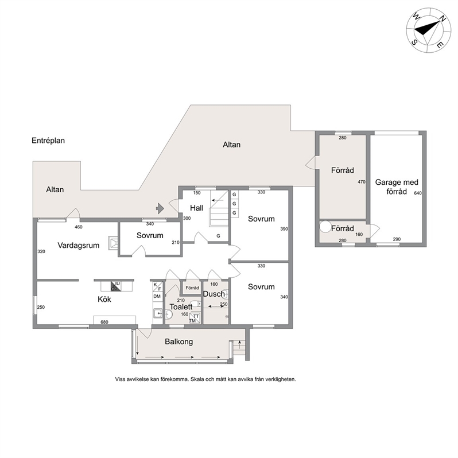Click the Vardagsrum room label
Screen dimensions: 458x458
(x=78, y=246)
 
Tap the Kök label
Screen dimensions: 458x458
(x=104, y=299)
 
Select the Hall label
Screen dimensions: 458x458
(x=197, y=208)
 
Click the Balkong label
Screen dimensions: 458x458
(x=178, y=341)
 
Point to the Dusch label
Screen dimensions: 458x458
(x=214, y=294)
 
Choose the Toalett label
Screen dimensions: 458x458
(x=181, y=307)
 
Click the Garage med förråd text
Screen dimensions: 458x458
(x=397, y=187)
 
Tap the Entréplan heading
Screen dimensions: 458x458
(x=48, y=141)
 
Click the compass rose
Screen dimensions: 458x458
(x=429, y=30)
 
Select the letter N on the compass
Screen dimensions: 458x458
(x=443, y=19)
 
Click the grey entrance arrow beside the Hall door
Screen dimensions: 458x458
(x=160, y=208)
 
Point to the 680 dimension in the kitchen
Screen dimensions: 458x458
(x=104, y=322)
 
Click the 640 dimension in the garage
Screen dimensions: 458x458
(x=418, y=193)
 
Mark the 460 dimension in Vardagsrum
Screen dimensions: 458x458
(x=78, y=227)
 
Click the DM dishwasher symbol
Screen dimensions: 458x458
(x=157, y=296)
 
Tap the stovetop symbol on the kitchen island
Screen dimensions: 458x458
(x=116, y=286)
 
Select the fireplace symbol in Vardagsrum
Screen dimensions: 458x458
(x=113, y=243)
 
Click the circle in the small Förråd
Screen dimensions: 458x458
(x=325, y=227)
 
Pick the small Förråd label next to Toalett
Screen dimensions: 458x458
(x=192, y=288)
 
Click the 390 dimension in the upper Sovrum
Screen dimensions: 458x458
(x=284, y=229)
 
